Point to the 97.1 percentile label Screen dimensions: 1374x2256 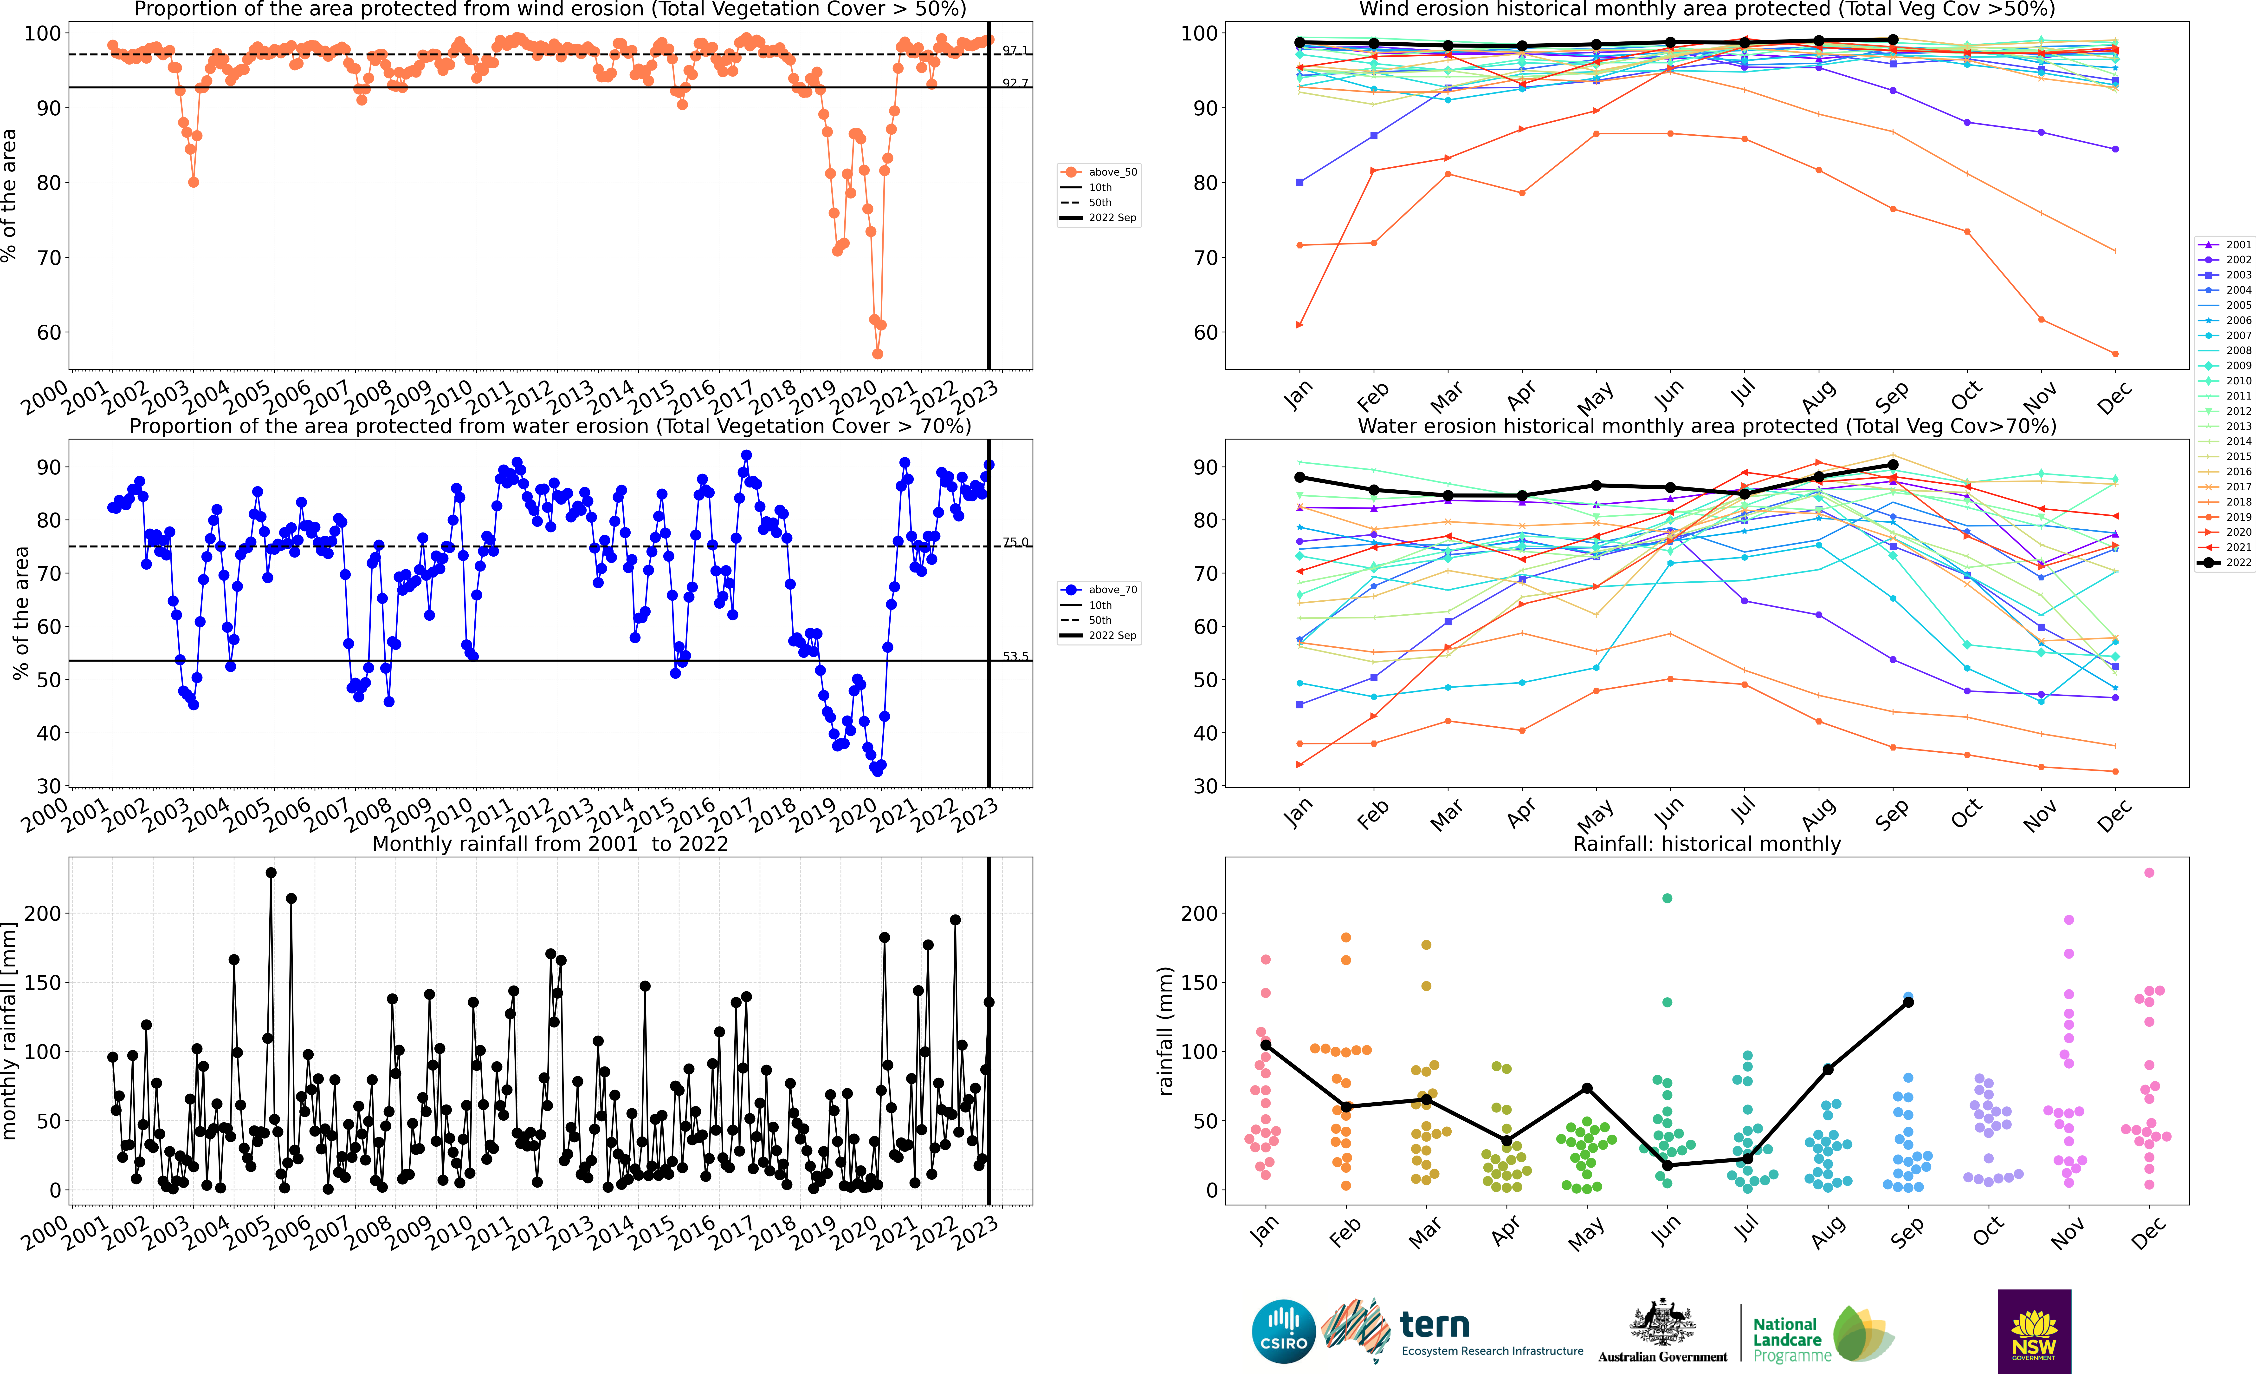[x=1015, y=50]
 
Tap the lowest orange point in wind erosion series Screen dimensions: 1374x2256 [x=877, y=354]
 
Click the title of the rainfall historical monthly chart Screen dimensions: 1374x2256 [x=1707, y=844]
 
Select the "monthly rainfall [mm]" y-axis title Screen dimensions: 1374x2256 [x=10, y=1031]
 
